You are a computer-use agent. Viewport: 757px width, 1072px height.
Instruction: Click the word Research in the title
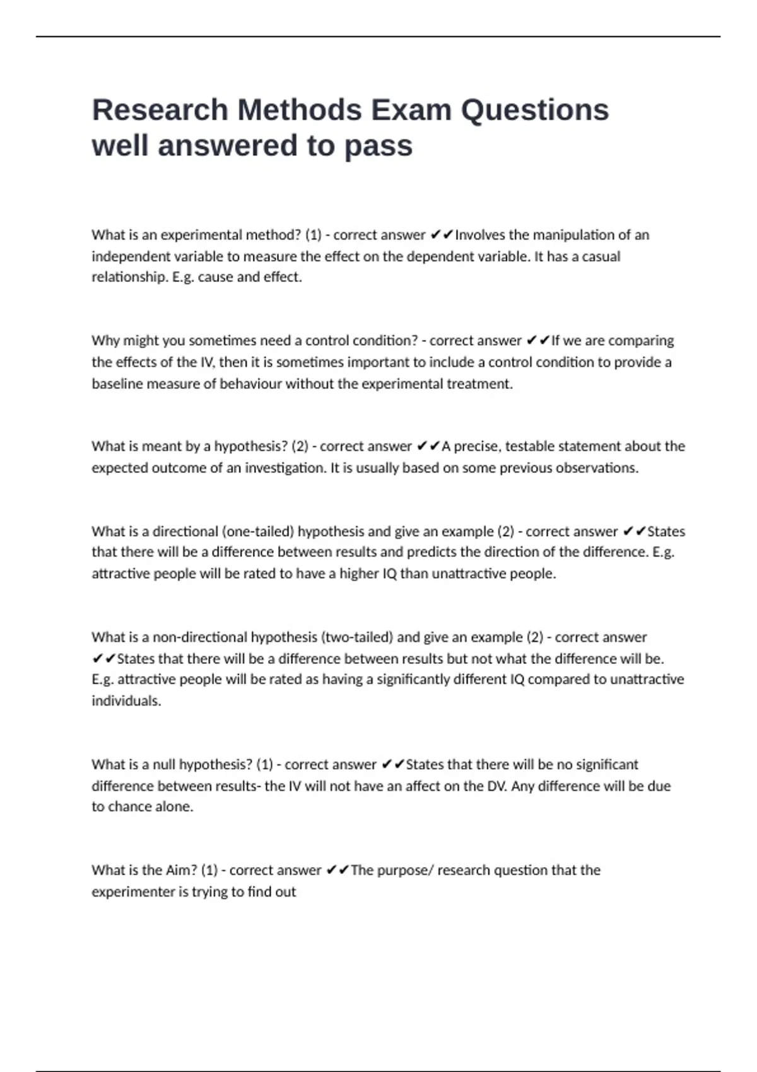click(x=160, y=110)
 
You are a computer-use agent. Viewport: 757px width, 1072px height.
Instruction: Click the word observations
click(x=597, y=468)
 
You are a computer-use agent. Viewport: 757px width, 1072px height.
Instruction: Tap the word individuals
click(x=126, y=701)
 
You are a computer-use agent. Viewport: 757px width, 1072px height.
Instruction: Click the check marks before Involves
click(x=442, y=235)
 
